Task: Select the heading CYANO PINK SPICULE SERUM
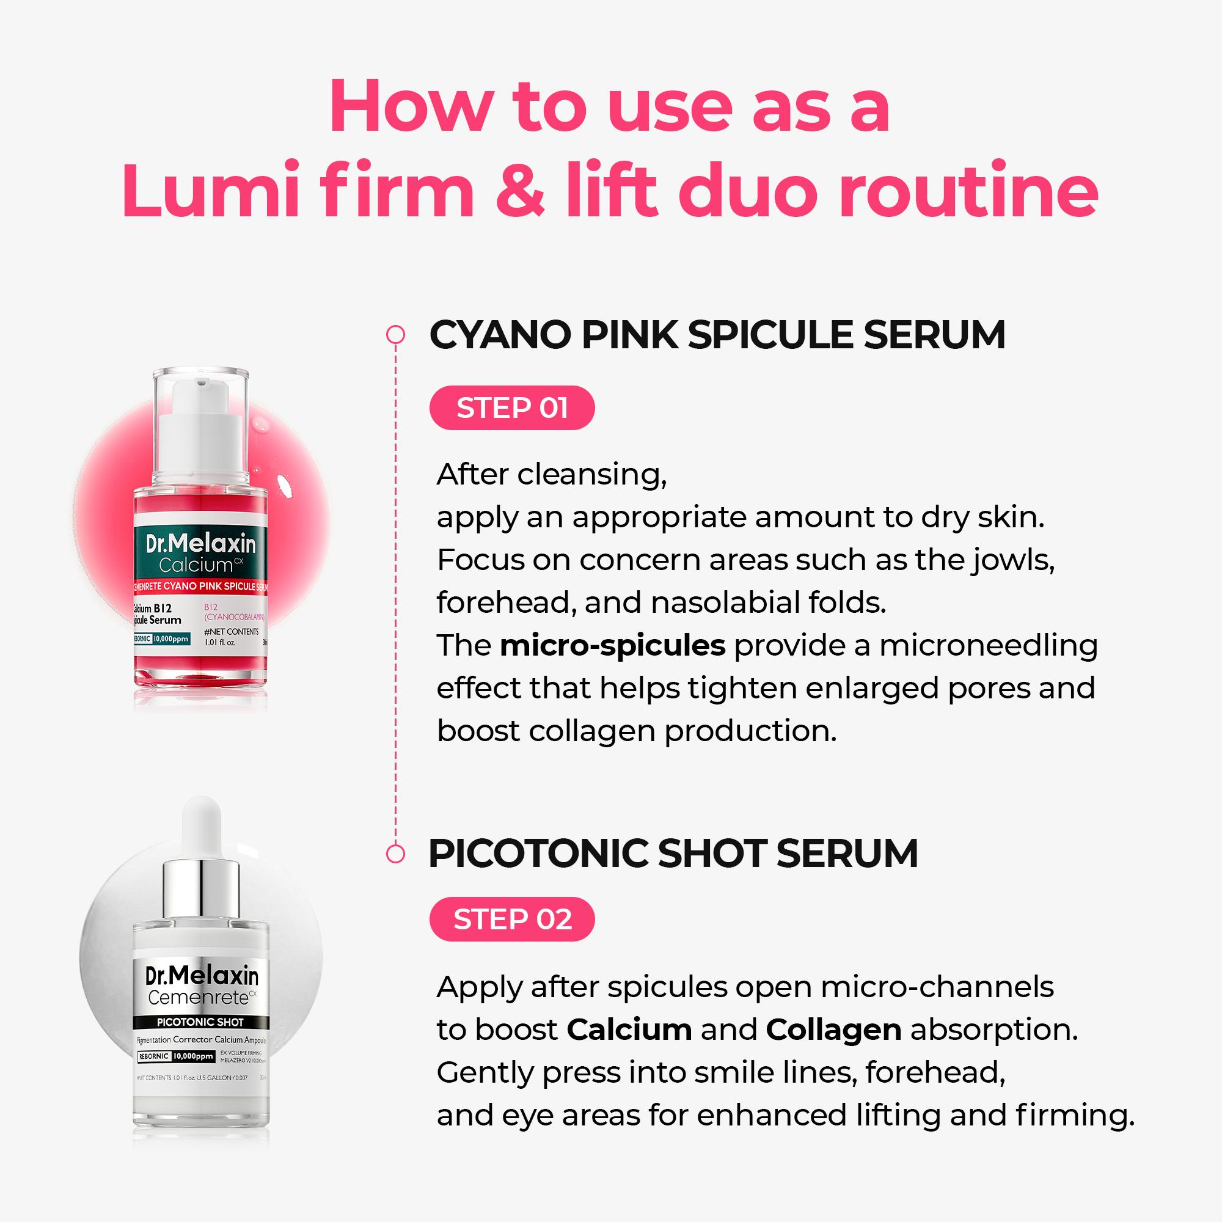(x=717, y=335)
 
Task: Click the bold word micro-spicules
(x=612, y=646)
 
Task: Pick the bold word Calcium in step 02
(x=629, y=1030)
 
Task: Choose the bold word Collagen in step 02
(x=833, y=1030)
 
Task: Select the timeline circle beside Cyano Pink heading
(x=395, y=335)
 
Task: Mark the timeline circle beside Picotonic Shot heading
(x=395, y=854)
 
